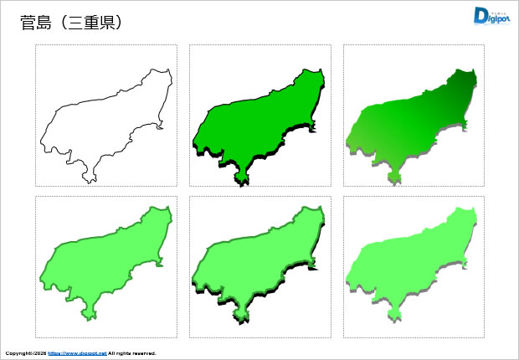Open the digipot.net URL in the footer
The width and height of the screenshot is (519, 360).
[x=77, y=353]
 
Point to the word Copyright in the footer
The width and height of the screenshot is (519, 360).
[x=18, y=353]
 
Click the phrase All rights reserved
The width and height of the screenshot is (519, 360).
[x=132, y=353]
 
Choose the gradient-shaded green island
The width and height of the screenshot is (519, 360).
[x=412, y=121]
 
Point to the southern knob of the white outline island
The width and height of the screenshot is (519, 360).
[x=89, y=176]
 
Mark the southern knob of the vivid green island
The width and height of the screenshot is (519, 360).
[x=243, y=177]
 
